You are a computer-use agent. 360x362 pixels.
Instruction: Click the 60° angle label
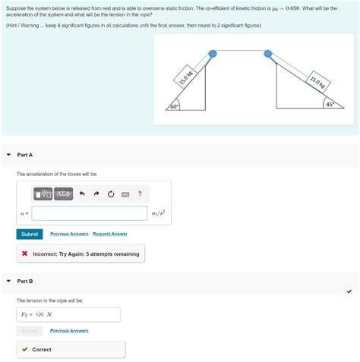(x=175, y=106)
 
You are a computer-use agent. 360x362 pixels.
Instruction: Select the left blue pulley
(x=213, y=54)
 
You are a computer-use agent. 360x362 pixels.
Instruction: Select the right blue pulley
(x=268, y=54)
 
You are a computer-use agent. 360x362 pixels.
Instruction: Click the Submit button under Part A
(x=30, y=234)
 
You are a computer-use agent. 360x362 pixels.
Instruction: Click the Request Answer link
(x=110, y=234)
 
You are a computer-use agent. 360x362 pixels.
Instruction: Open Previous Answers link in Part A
(x=69, y=234)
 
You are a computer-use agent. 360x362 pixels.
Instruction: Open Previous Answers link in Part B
(x=69, y=331)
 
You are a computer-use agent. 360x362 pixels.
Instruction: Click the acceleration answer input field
(x=90, y=213)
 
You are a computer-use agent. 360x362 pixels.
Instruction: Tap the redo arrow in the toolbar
(x=96, y=194)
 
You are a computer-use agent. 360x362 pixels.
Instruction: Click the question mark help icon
(x=140, y=194)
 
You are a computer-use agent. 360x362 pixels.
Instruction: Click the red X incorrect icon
(x=25, y=253)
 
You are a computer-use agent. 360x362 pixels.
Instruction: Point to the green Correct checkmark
(x=25, y=350)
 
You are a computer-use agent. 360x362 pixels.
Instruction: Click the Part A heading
(x=25, y=155)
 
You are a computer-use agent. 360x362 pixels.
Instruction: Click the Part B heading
(x=25, y=282)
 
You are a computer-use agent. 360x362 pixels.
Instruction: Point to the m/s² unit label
(x=159, y=214)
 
